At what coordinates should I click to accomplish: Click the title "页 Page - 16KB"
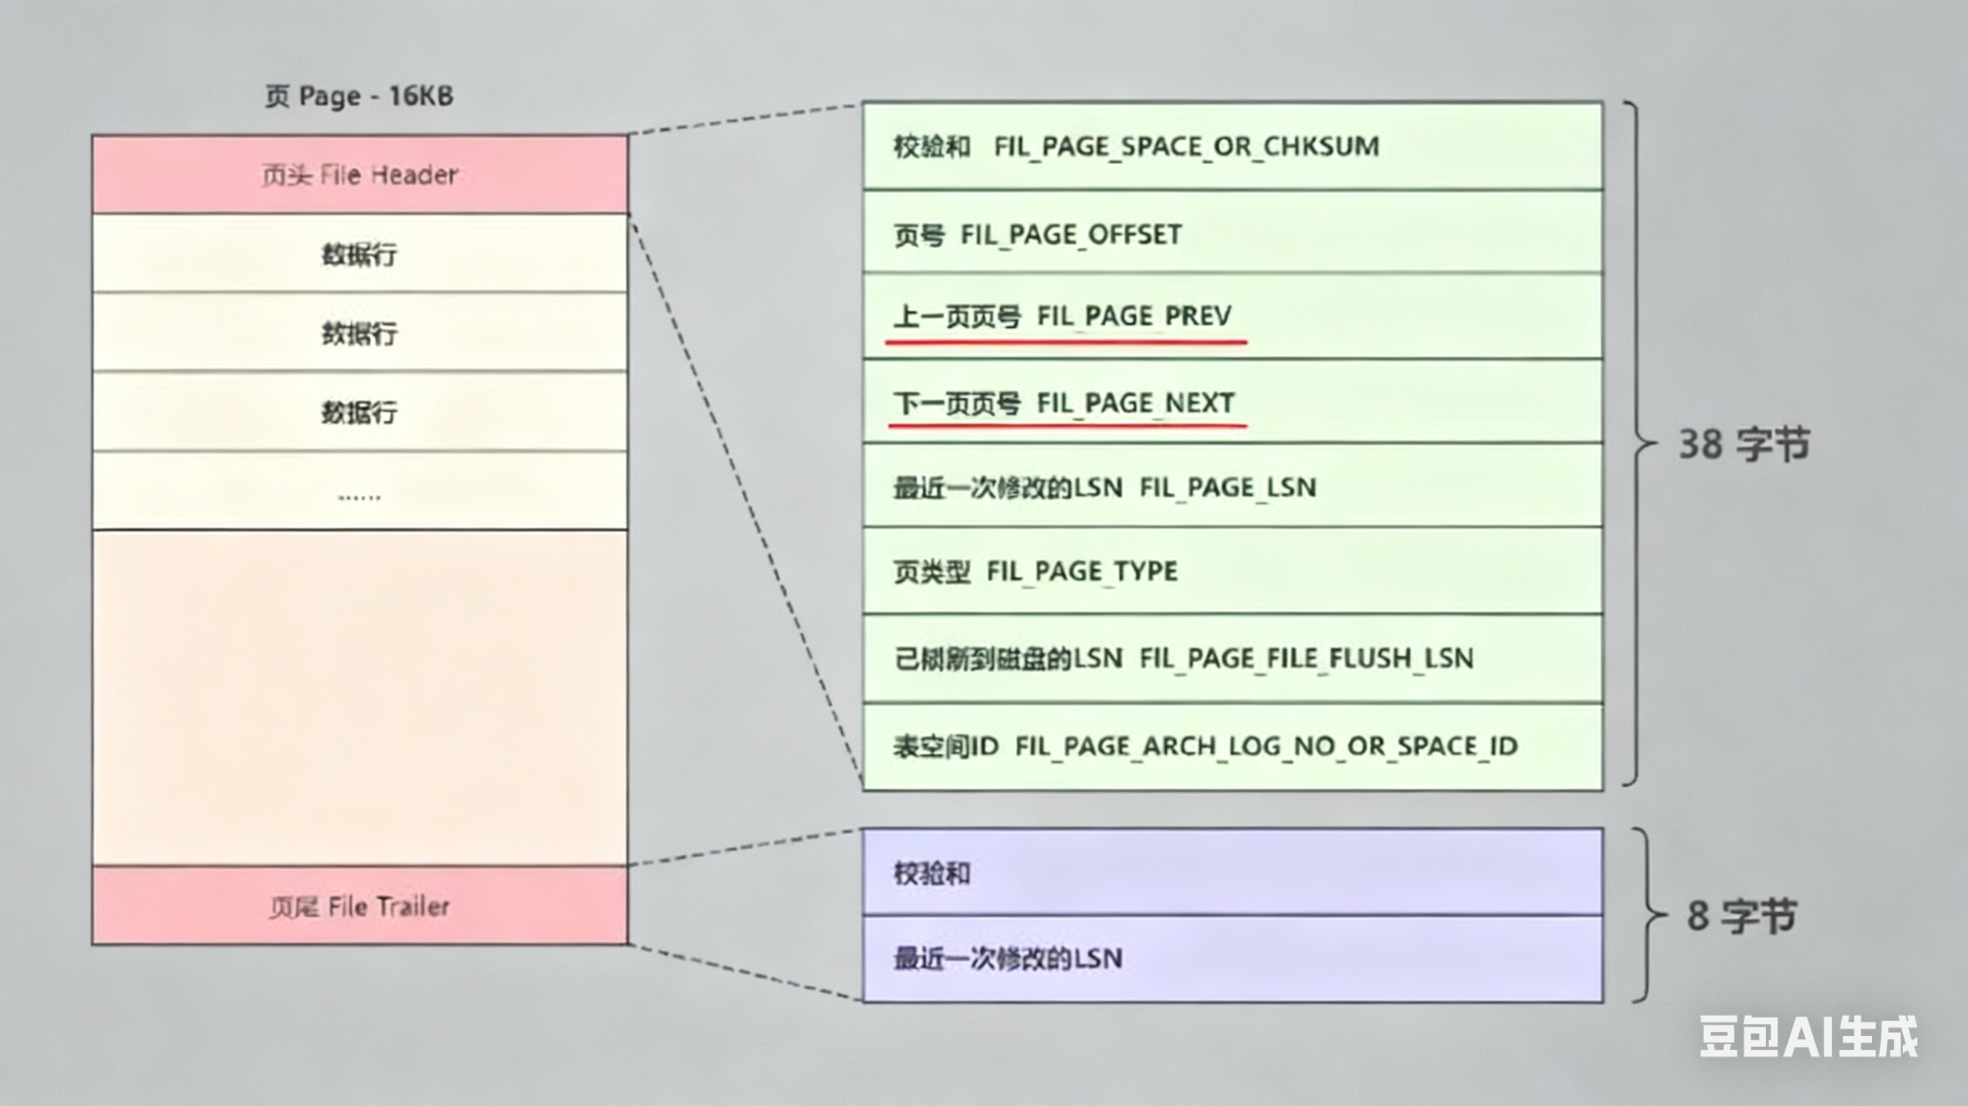pyautogui.click(x=359, y=97)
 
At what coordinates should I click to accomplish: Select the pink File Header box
pyautogui.click(x=360, y=175)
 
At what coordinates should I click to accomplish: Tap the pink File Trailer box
pyautogui.click(x=360, y=906)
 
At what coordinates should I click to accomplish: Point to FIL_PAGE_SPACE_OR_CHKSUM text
pyautogui.click(x=1187, y=146)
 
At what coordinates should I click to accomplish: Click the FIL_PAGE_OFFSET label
pyautogui.click(x=1071, y=234)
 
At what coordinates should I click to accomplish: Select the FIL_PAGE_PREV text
pyautogui.click(x=1134, y=316)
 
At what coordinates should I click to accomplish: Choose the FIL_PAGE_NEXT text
pyautogui.click(x=1135, y=403)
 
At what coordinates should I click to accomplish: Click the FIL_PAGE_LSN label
pyautogui.click(x=1228, y=486)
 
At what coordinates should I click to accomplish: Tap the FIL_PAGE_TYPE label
pyautogui.click(x=1082, y=571)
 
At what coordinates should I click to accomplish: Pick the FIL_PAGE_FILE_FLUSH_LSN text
pyautogui.click(x=1306, y=658)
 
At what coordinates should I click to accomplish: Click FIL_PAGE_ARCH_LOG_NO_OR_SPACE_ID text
pyautogui.click(x=1266, y=746)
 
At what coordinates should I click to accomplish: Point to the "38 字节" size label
pyautogui.click(x=1743, y=445)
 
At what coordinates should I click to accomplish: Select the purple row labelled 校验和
pyautogui.click(x=1231, y=872)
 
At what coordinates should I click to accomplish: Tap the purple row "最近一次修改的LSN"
pyautogui.click(x=1231, y=958)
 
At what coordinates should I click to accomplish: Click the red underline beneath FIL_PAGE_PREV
pyautogui.click(x=1066, y=342)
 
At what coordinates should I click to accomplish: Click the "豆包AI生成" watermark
pyautogui.click(x=1809, y=1037)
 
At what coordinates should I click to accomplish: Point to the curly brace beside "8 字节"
pyautogui.click(x=1647, y=915)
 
